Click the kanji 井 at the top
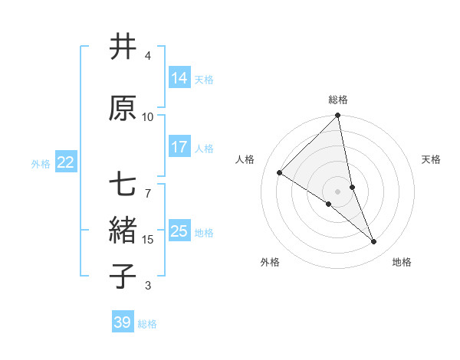[123, 47]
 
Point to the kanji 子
[123, 277]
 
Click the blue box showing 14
[179, 78]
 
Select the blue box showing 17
[179, 147]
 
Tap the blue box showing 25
[179, 231]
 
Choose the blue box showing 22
[66, 162]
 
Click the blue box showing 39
[123, 322]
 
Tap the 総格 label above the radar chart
[338, 100]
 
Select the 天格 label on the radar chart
[431, 159]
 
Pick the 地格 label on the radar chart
[402, 263]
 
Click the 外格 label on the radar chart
[270, 263]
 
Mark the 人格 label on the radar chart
[245, 159]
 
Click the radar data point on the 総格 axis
[338, 116]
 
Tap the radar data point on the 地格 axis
[374, 242]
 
